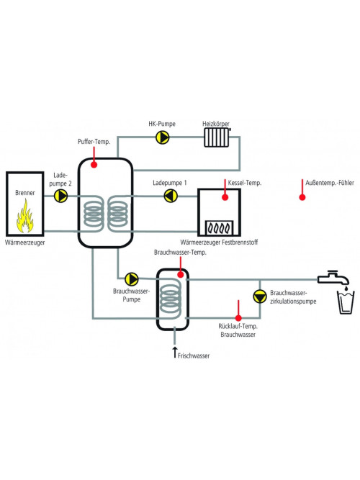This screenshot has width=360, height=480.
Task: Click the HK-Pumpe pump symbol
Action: coord(163,137)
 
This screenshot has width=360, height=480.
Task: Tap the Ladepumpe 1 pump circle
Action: coord(171,196)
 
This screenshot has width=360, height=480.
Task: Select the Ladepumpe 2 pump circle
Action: coord(60,196)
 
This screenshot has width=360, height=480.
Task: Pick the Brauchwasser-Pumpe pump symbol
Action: coord(132,279)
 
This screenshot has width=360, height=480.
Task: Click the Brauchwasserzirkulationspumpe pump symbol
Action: coord(260,296)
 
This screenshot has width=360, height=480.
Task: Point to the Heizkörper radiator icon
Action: coord(217,137)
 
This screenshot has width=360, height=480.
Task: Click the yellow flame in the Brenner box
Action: coord(24,216)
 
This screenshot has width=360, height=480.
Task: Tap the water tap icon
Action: coord(333,278)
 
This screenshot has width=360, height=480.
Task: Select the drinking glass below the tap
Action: coord(346,302)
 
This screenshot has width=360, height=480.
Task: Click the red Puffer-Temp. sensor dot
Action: coord(94,165)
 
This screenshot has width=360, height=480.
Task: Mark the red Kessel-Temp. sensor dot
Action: coord(225,197)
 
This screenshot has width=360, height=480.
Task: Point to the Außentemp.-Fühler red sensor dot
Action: coord(302,197)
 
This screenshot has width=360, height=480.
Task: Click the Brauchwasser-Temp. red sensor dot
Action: coord(181,275)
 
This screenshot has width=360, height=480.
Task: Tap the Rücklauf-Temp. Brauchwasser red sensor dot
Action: coord(238,318)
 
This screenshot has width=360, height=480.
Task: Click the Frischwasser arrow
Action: coord(175,353)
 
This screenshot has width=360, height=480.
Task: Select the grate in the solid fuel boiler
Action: coord(219,228)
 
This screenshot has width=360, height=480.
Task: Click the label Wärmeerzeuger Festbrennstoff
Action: coord(219,243)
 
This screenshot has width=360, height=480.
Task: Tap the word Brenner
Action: coord(24,193)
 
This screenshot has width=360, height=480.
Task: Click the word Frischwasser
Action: coord(194,356)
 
